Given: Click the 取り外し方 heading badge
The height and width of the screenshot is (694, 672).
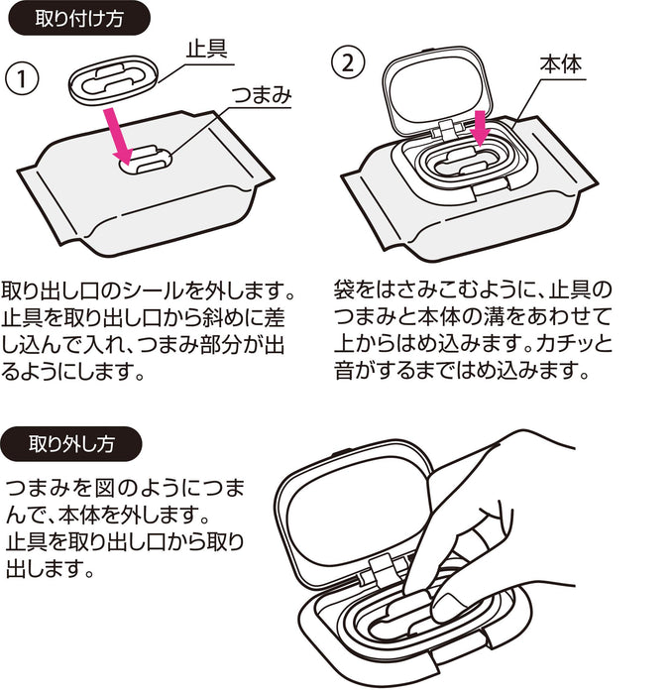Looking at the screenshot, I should pos(75,443).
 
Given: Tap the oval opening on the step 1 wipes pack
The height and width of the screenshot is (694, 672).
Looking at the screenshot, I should pos(146,162).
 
